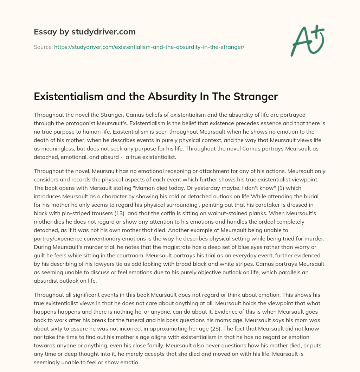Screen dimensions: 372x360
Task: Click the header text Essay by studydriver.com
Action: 84,32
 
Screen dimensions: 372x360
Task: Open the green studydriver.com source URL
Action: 149,47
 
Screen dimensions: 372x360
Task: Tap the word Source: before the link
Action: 43,47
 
